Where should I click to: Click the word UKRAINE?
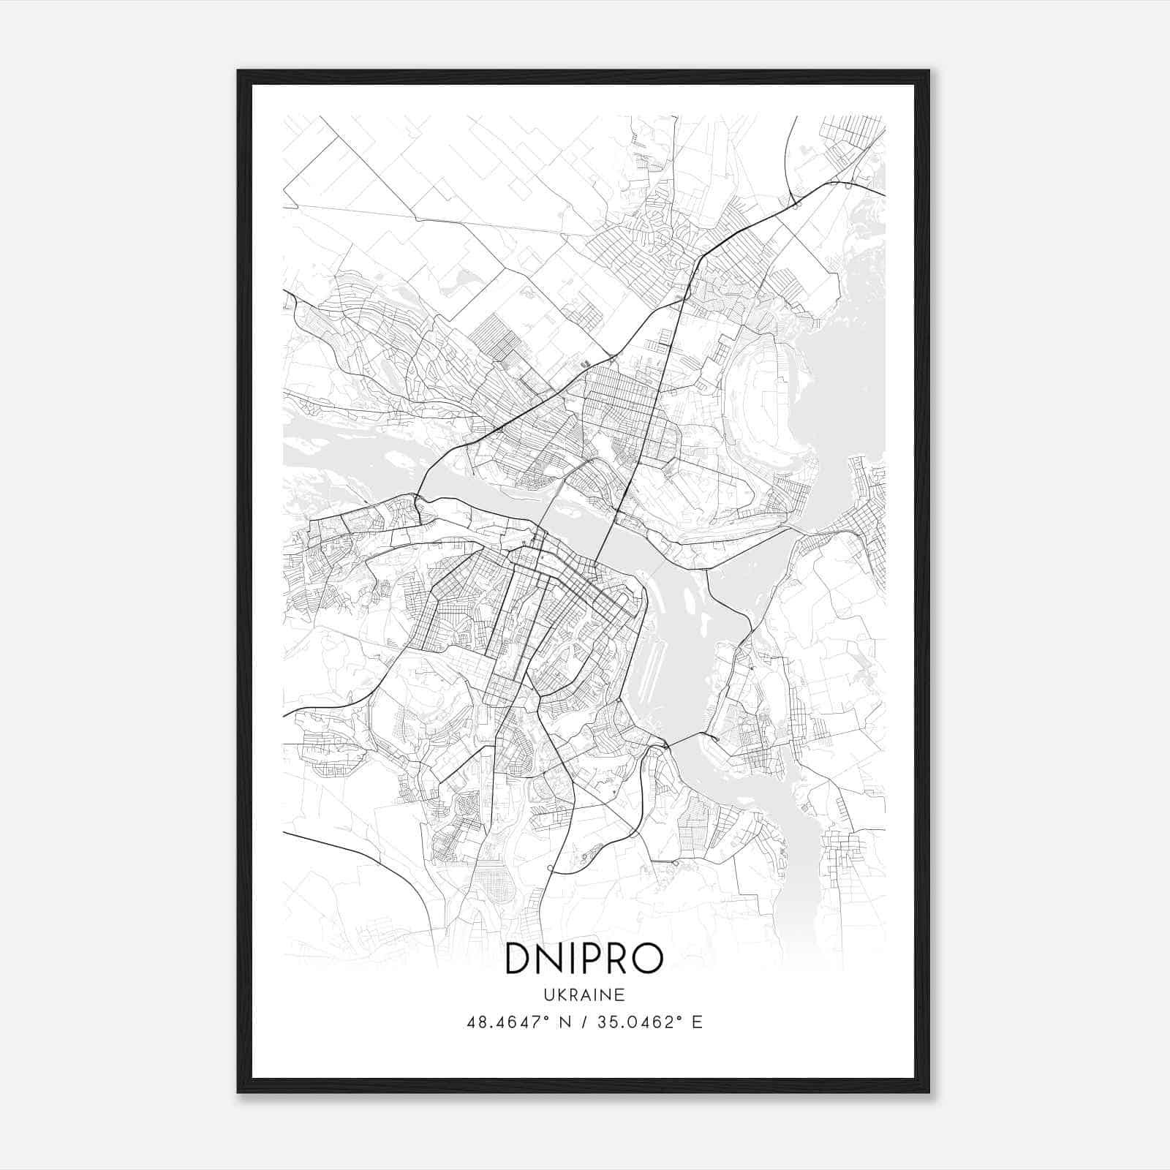click(x=584, y=995)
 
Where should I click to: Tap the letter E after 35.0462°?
click(x=697, y=1022)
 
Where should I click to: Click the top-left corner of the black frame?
click(x=238, y=71)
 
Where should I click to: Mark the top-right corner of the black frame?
click(x=929, y=71)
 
